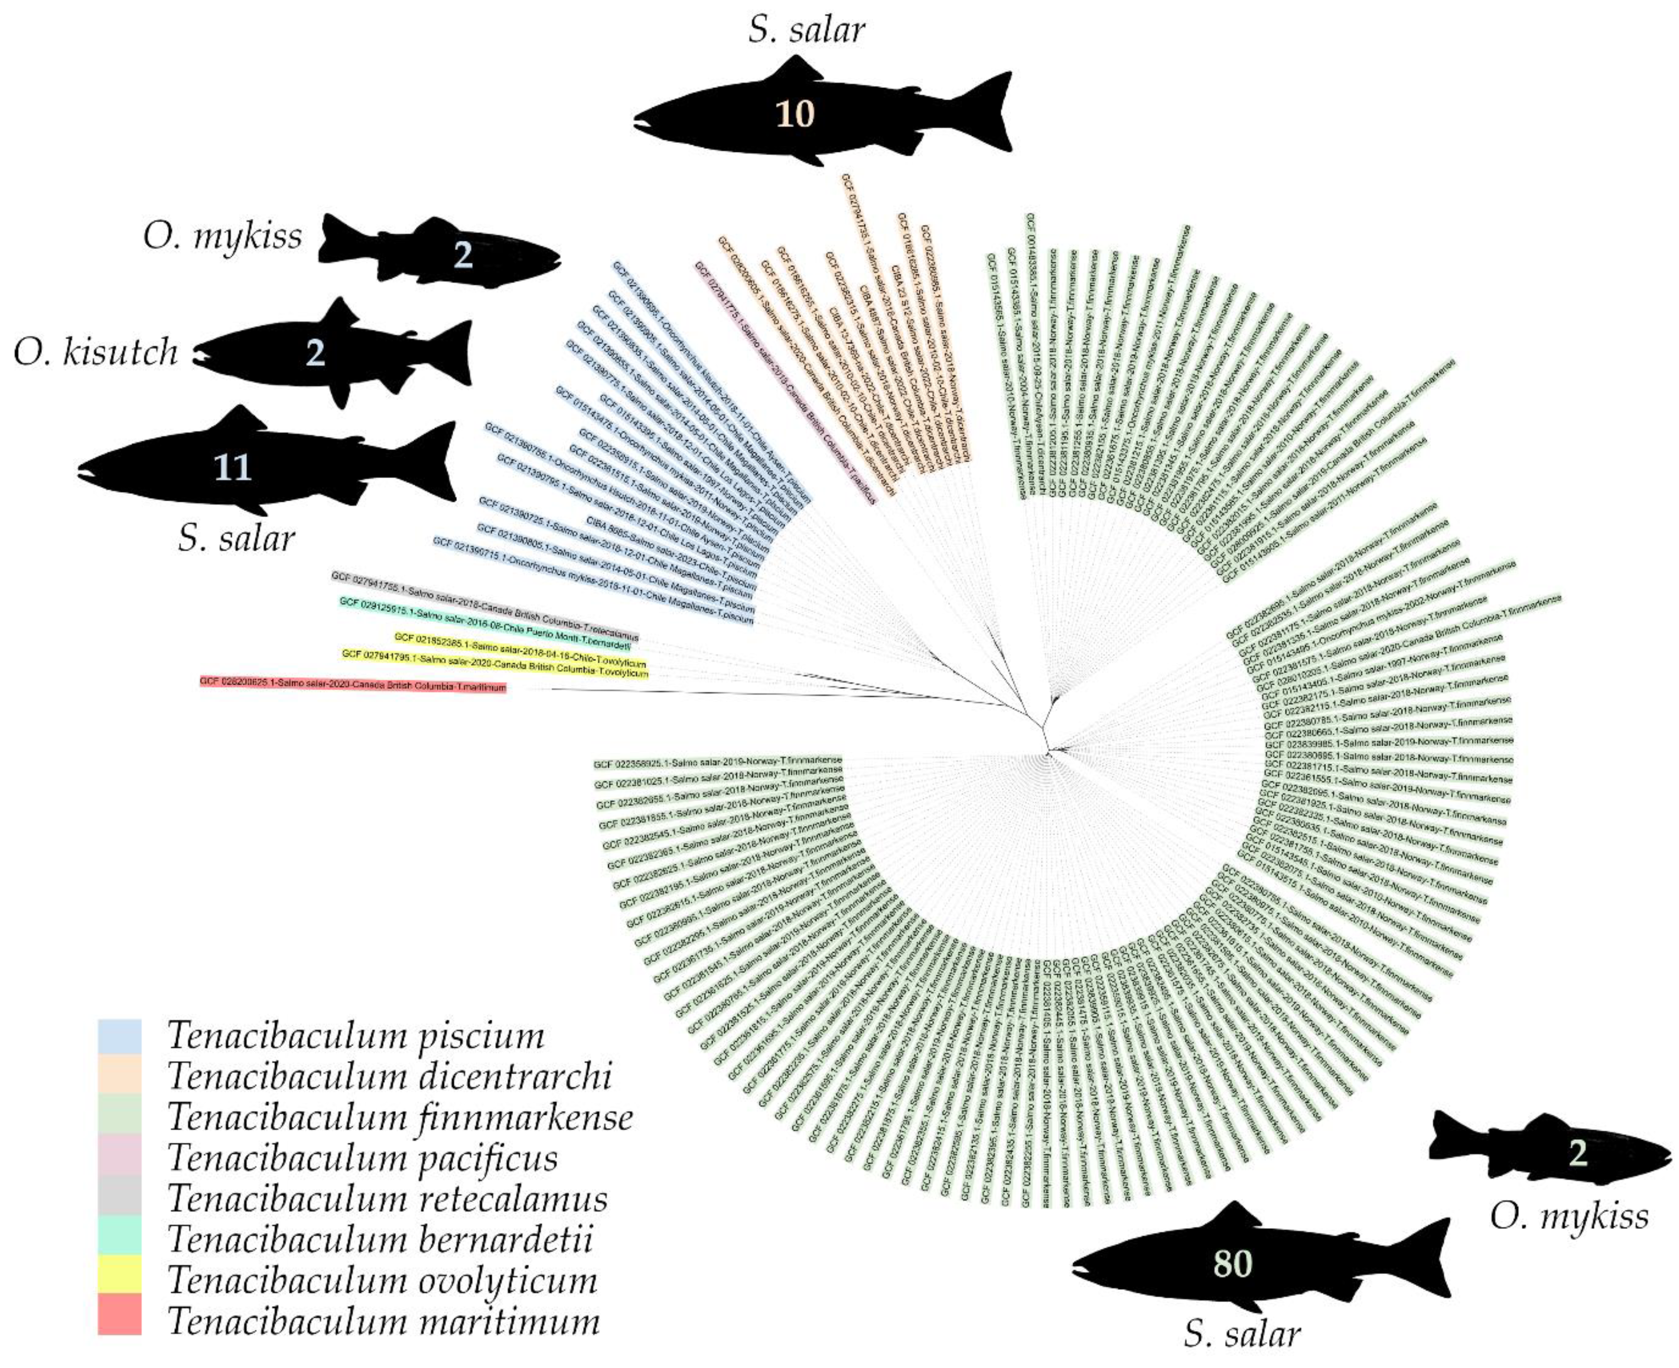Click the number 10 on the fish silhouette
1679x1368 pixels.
[794, 114]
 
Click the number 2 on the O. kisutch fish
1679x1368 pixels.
[315, 353]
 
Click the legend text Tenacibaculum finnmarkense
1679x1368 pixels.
[401, 1117]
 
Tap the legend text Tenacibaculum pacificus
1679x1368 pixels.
[363, 1158]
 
